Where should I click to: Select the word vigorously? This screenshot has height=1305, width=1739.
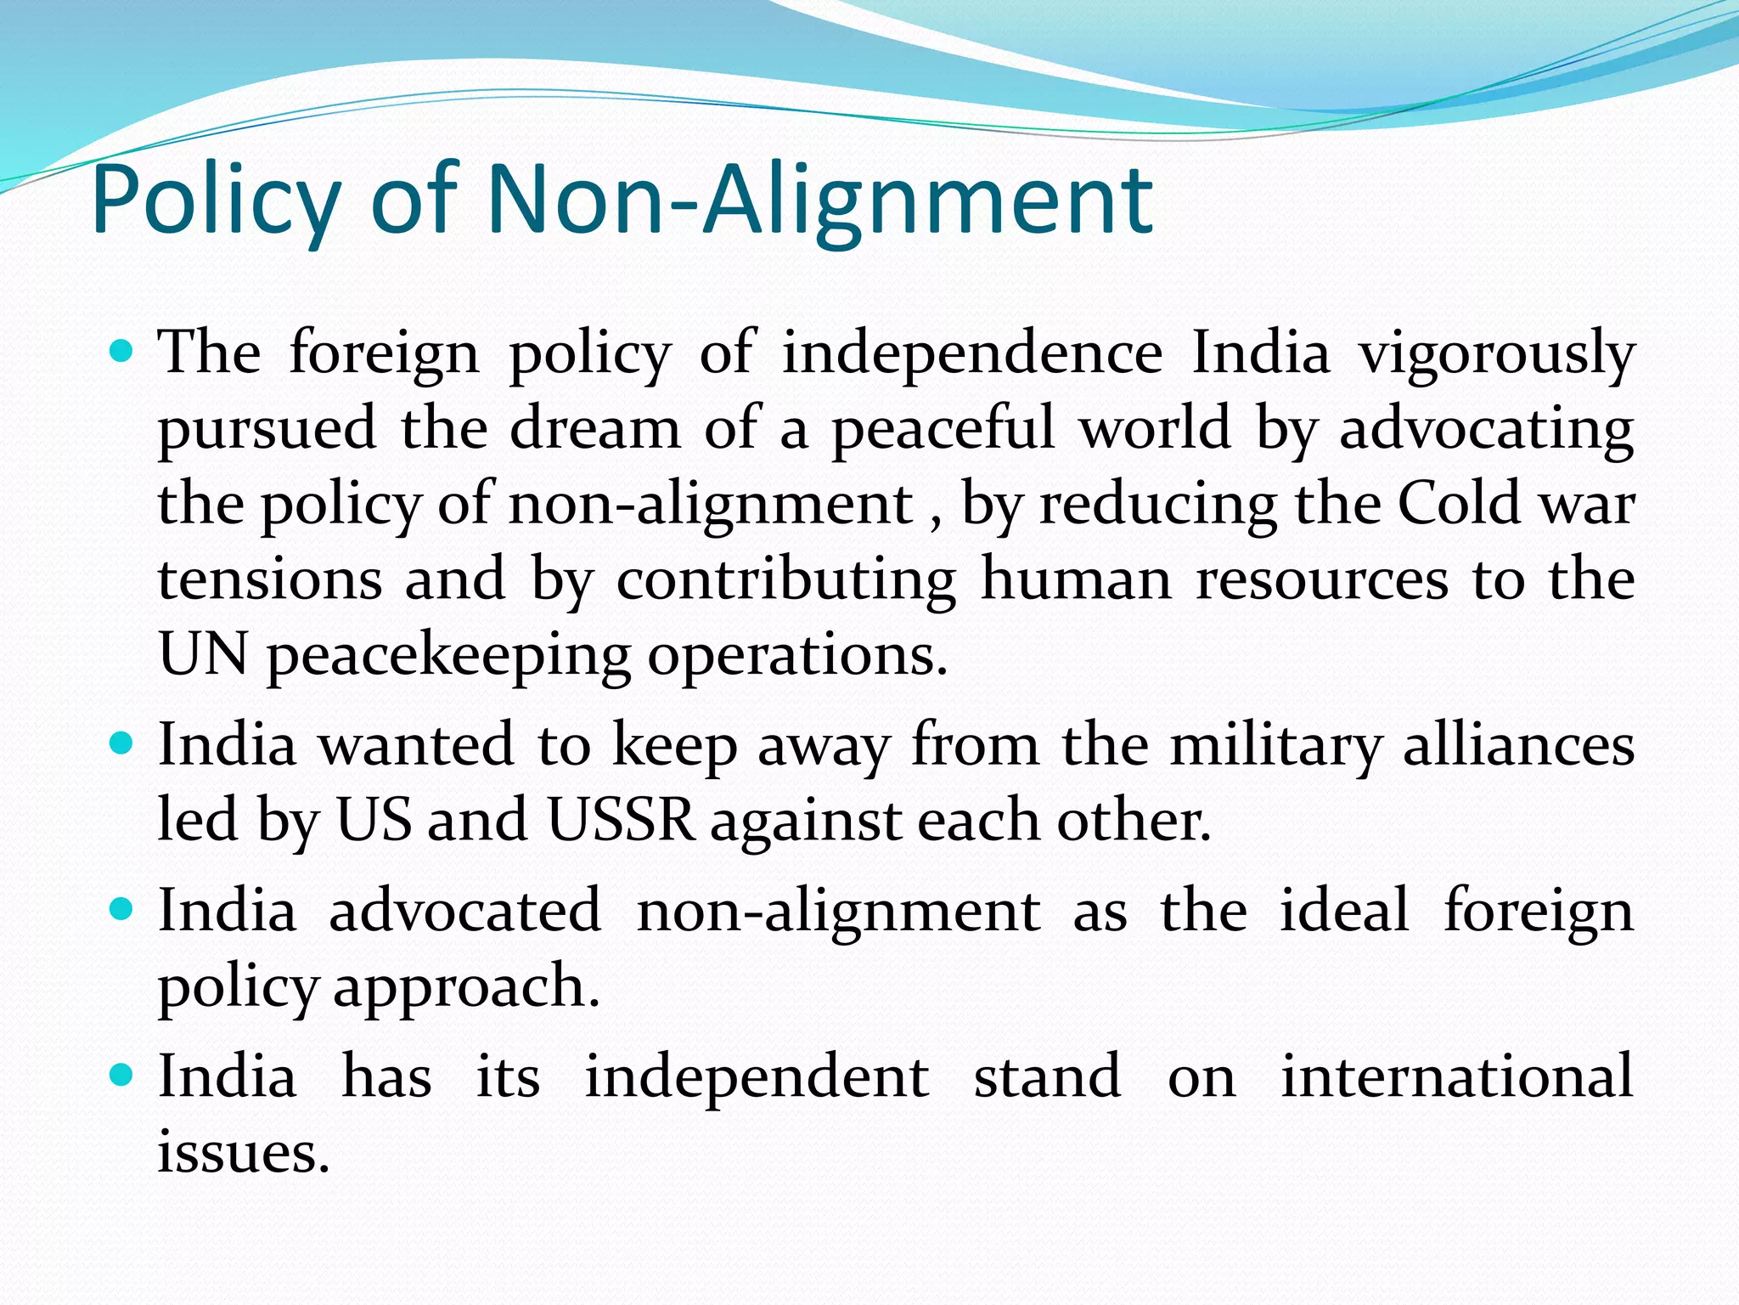tap(1496, 353)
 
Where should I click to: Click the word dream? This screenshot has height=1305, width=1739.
tap(595, 428)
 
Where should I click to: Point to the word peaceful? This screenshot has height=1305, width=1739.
tap(943, 428)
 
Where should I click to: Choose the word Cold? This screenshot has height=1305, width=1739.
tap(1458, 503)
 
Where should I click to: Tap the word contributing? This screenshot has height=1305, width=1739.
tap(786, 579)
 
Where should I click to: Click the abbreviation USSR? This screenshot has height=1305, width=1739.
tap(621, 821)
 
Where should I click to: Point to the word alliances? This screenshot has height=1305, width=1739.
tap(1518, 745)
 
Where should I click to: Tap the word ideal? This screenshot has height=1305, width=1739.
tap(1345, 910)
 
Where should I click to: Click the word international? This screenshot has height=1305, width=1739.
tap(1457, 1076)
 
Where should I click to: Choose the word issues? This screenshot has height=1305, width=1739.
tap(244, 1152)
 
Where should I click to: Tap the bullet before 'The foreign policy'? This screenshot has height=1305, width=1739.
tap(122, 350)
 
